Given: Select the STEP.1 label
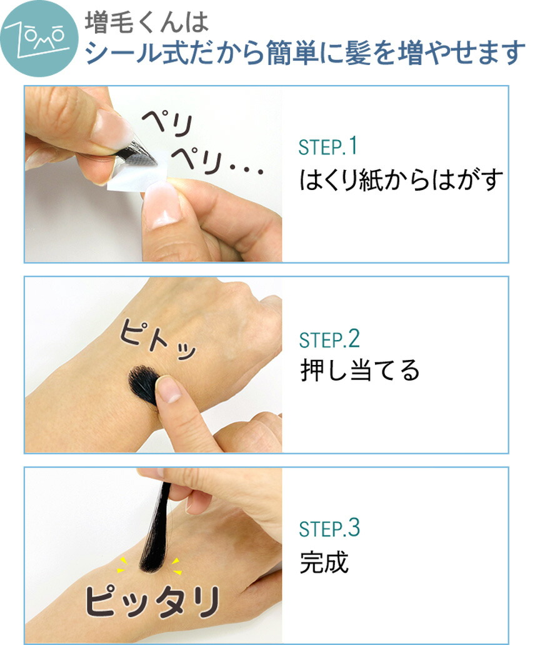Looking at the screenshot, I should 328,147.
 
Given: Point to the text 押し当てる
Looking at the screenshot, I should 359,371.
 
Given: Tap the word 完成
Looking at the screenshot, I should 324,563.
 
